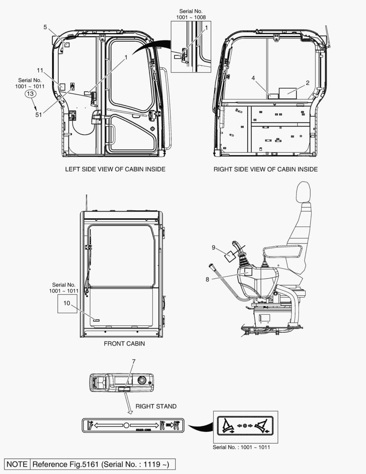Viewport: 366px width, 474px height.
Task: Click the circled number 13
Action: [30, 94]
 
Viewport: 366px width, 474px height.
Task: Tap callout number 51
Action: [39, 115]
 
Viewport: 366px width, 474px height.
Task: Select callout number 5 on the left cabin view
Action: [45, 27]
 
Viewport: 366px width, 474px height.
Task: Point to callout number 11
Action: [40, 70]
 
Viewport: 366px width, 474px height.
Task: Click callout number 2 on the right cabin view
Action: [308, 83]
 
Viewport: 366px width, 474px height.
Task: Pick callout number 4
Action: [253, 78]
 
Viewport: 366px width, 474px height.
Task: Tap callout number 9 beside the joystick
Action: [213, 248]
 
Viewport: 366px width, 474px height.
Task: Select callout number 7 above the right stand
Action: [134, 361]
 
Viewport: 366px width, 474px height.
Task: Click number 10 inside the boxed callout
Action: [67, 303]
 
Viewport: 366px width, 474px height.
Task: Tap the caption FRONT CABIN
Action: [124, 344]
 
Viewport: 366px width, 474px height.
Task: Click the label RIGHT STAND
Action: [156, 406]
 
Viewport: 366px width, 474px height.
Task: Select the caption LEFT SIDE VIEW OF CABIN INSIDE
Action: [115, 169]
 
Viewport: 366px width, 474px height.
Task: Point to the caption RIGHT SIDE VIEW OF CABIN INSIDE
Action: [266, 169]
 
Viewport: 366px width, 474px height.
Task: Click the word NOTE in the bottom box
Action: [17, 464]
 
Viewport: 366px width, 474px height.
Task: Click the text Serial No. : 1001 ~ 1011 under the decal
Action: [241, 447]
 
